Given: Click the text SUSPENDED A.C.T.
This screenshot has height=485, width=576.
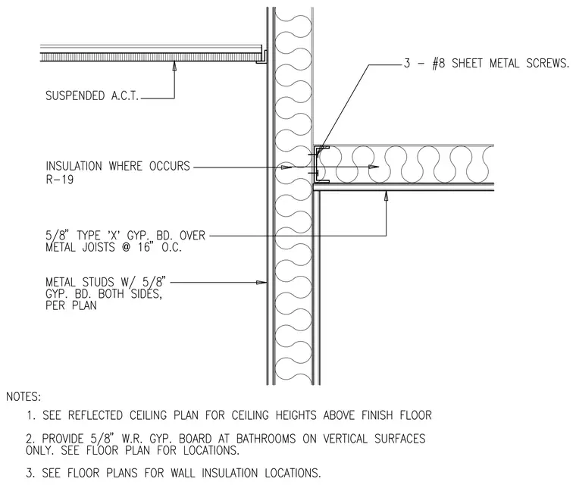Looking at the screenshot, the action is [92, 96].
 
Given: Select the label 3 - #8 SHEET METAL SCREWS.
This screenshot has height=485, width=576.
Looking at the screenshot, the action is [486, 63].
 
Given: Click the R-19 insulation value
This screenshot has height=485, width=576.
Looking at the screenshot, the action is [60, 180].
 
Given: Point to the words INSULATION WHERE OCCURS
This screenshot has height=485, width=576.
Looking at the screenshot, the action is [118, 166].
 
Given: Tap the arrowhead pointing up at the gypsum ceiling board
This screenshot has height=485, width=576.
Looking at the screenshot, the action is [386, 196].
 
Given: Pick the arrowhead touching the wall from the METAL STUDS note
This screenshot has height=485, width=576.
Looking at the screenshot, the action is [261, 283].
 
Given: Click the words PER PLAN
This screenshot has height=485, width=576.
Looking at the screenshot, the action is [71, 305].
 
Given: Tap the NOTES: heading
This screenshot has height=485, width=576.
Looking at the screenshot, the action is [23, 397].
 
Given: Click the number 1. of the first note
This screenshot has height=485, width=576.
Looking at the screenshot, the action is [31, 415].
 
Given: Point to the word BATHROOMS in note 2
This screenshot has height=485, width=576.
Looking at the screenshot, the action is [266, 439].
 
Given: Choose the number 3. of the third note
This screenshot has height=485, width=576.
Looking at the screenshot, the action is [30, 473].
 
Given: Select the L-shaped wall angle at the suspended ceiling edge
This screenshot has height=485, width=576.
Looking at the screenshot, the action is [262, 58].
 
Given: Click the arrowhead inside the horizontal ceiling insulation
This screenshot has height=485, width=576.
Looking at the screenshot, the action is [374, 167].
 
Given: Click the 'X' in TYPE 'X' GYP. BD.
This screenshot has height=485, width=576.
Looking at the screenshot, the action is [115, 236].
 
